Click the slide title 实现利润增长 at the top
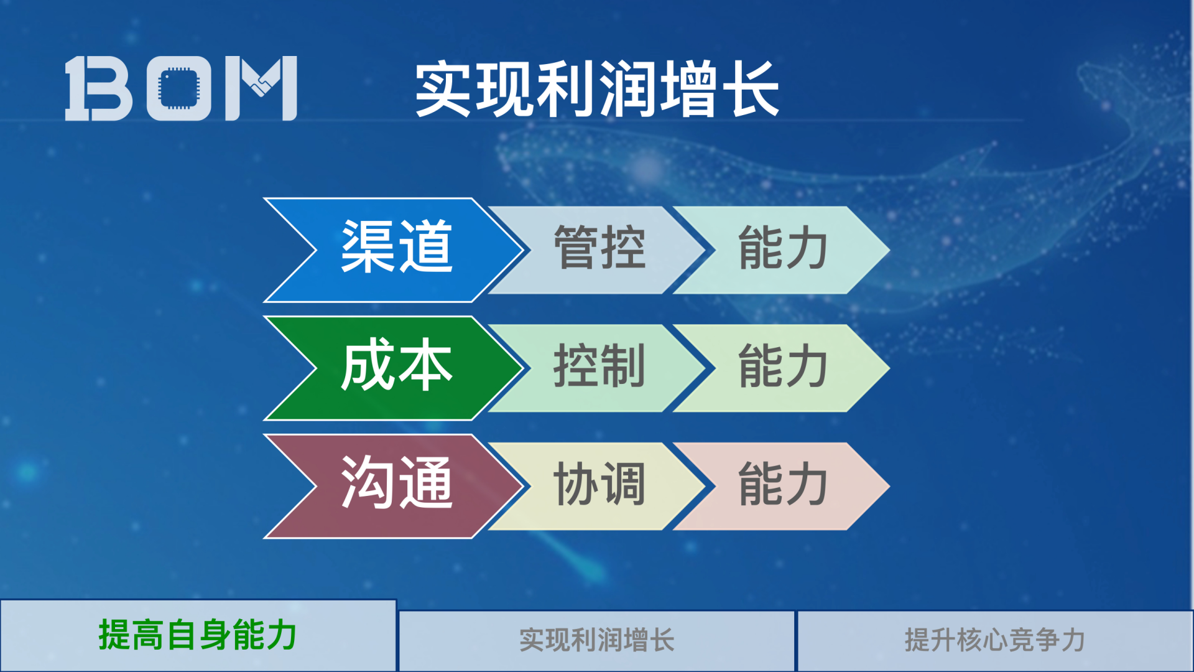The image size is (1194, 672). click(597, 89)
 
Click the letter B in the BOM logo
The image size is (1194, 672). click(99, 88)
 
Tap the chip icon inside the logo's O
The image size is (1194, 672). click(178, 88)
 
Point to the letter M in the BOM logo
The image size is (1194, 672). click(261, 88)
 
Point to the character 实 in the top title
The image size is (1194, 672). click(443, 89)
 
